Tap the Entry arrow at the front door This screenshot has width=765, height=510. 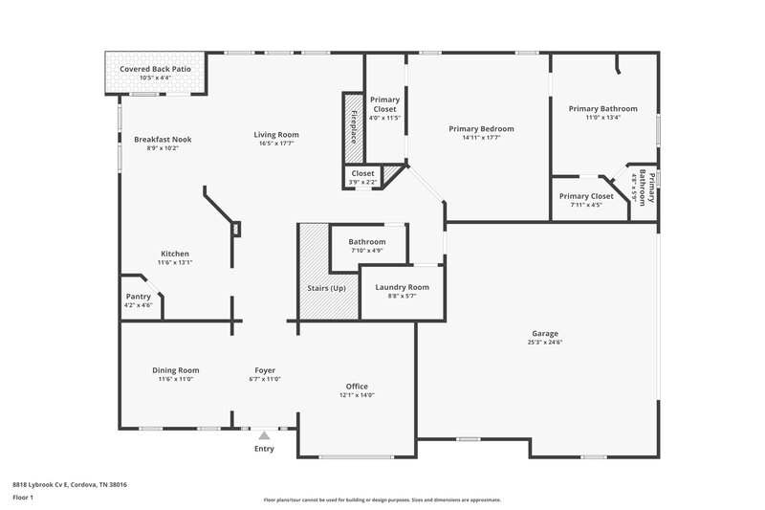(264, 435)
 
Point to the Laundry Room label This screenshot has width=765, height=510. (402, 287)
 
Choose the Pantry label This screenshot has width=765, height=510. (139, 297)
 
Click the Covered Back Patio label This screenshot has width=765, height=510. (152, 69)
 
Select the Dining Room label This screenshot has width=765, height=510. (175, 370)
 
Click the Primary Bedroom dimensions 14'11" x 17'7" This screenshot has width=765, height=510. (482, 138)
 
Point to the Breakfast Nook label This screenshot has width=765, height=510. (163, 139)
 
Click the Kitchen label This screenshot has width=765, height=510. (174, 254)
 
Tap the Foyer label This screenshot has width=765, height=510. (265, 370)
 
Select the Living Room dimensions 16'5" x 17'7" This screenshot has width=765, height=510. (276, 144)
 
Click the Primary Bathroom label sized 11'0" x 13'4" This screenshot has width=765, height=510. (602, 109)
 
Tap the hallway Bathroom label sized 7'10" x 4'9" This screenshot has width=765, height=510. (367, 242)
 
